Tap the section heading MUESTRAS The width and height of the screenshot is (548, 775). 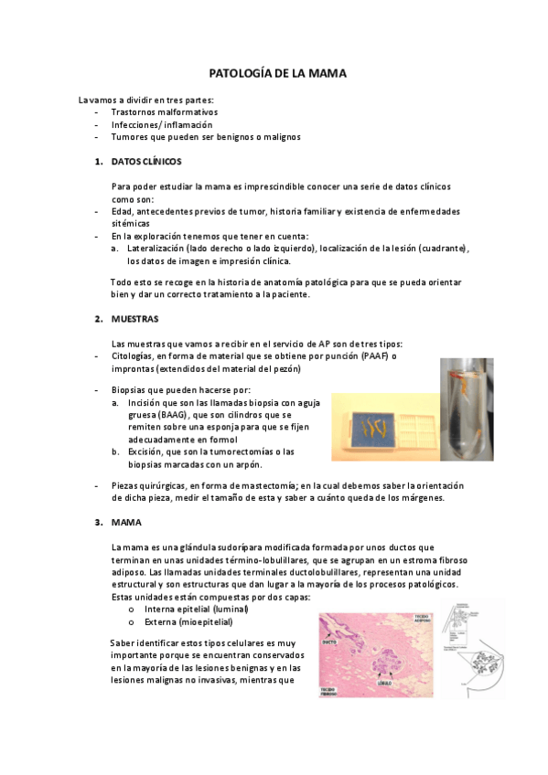point(134,319)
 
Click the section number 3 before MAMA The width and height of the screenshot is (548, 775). point(98,523)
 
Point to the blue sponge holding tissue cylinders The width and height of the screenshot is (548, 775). point(368,426)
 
